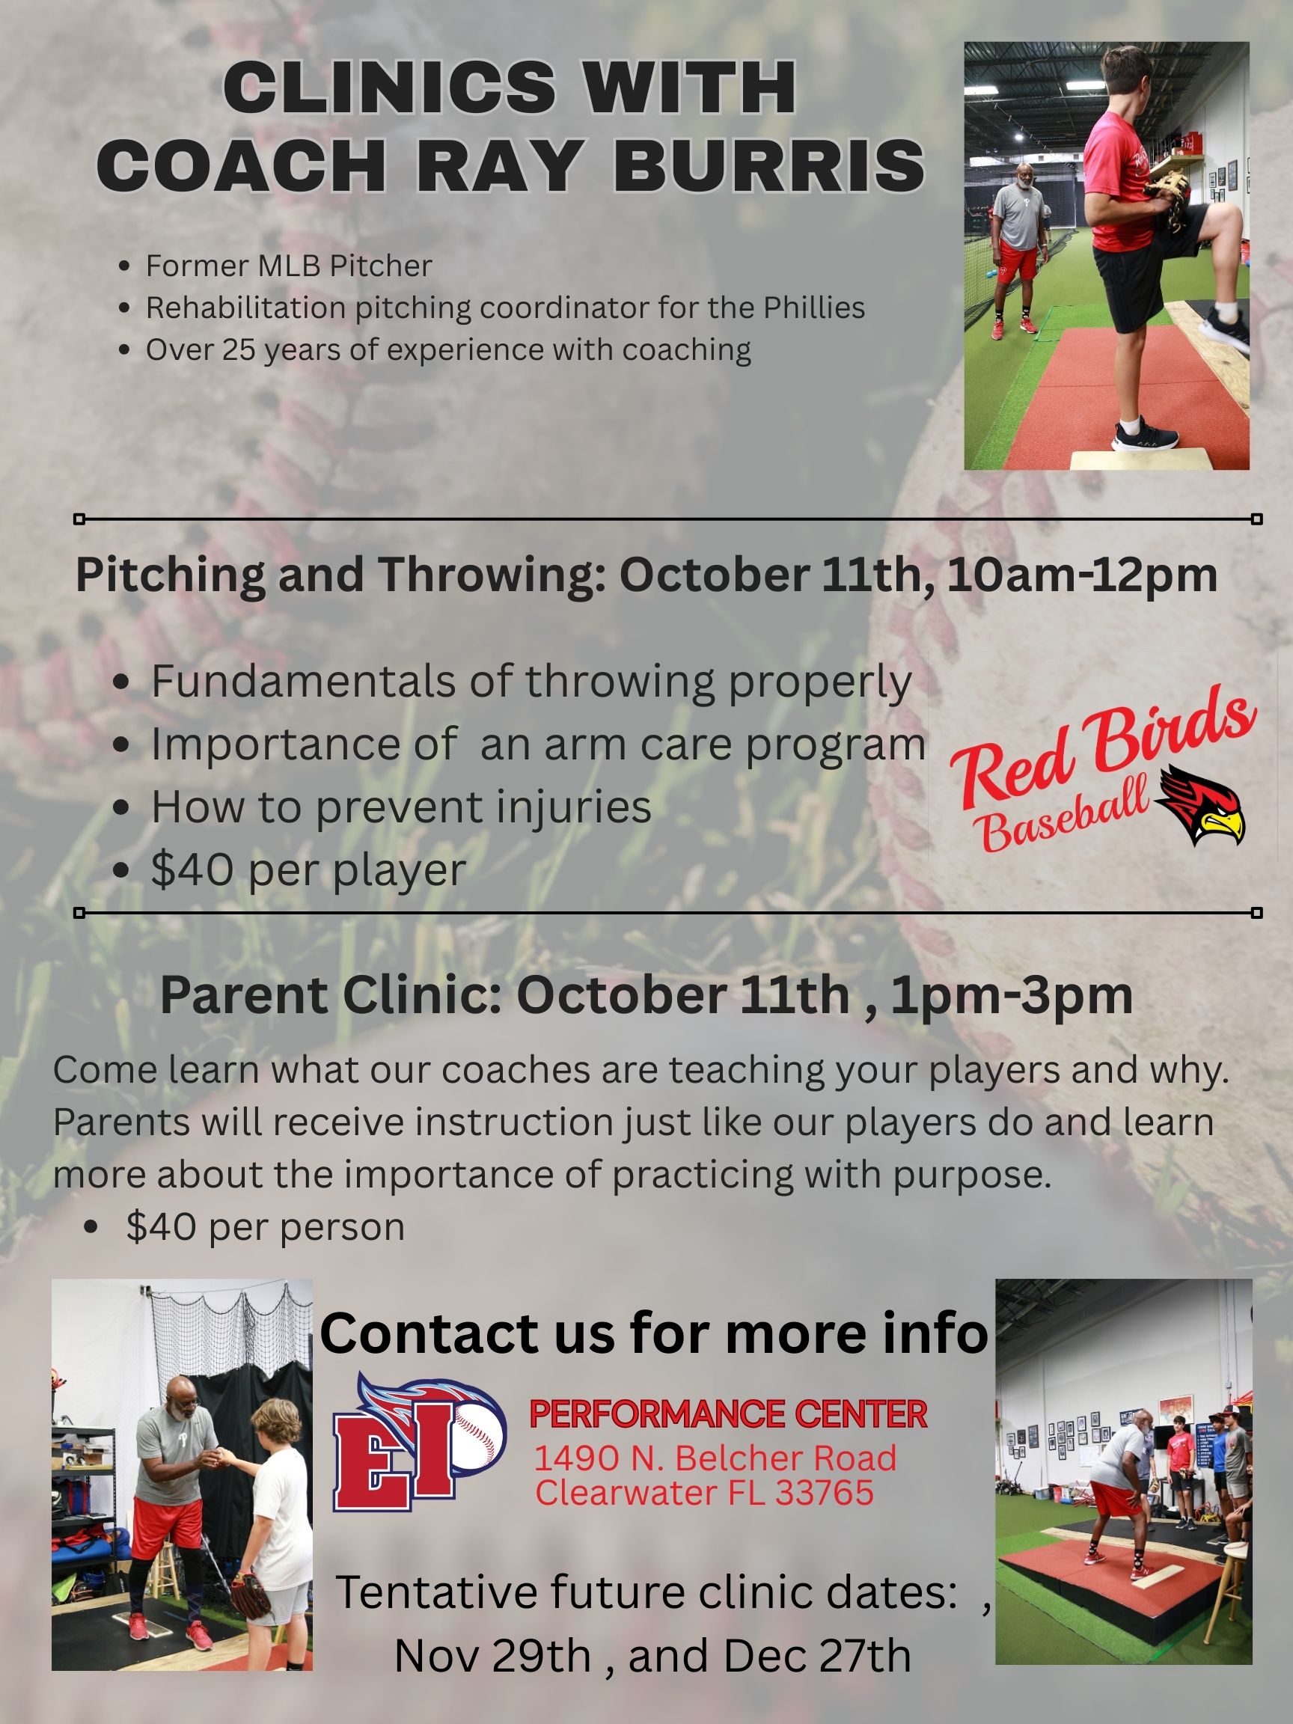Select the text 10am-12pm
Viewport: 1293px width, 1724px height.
1083,576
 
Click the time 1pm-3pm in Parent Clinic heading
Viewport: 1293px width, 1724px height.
1012,995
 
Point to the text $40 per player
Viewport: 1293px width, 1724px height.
308,870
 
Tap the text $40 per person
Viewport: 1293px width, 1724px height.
266,1226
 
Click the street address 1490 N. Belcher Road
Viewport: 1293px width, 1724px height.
715,1458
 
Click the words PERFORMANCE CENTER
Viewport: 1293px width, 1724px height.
728,1414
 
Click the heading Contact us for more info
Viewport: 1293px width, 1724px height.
654,1334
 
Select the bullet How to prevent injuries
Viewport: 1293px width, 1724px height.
400,807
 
